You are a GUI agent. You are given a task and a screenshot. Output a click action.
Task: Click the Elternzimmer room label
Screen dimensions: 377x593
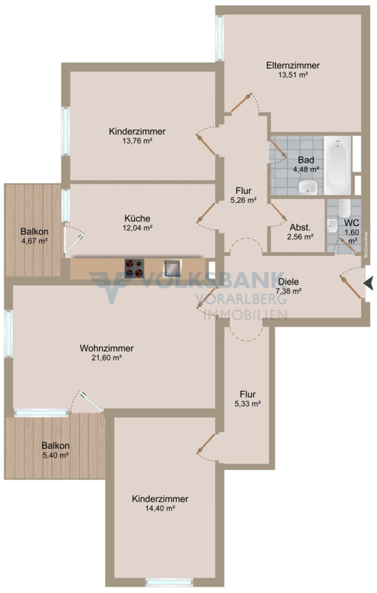(x=293, y=66)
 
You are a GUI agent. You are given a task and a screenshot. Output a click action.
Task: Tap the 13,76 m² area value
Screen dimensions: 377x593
(x=137, y=141)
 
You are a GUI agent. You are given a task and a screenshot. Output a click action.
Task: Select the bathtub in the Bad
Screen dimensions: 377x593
(x=337, y=165)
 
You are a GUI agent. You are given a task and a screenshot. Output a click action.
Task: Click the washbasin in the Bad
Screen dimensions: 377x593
(x=308, y=187)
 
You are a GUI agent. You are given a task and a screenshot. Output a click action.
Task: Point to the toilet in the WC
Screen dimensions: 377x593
(x=345, y=208)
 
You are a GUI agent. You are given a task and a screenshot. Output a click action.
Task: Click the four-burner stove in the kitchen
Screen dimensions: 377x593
(x=134, y=268)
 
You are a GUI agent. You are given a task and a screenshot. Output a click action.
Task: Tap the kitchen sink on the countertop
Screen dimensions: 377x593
(x=172, y=268)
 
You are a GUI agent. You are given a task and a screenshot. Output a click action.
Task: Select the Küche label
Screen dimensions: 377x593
(x=137, y=218)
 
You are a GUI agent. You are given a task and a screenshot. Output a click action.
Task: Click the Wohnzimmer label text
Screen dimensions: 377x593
(x=106, y=348)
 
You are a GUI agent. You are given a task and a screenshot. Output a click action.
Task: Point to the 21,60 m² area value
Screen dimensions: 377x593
(x=106, y=358)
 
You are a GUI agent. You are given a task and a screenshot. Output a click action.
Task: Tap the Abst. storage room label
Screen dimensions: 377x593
(x=300, y=228)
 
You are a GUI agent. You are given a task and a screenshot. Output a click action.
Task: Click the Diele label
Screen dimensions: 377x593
(x=289, y=282)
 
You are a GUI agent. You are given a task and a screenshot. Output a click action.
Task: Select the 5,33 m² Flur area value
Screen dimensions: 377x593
(x=248, y=404)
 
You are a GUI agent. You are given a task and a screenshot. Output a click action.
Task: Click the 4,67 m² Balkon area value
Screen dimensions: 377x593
(x=34, y=241)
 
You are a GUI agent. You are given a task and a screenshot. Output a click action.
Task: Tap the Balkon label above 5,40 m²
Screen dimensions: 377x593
(x=55, y=446)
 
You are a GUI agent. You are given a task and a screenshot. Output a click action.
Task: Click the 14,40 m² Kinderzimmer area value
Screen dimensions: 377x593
(x=160, y=509)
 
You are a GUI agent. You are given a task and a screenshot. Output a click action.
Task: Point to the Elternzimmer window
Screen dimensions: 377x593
(x=219, y=38)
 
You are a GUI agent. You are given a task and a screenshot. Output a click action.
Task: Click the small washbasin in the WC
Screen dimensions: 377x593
(x=333, y=226)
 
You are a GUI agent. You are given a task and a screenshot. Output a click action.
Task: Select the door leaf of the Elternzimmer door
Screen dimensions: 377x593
(x=241, y=103)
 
